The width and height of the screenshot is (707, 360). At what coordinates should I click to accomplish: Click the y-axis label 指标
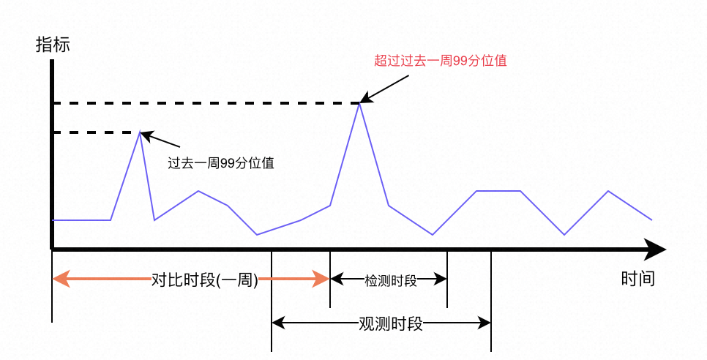pos(53,45)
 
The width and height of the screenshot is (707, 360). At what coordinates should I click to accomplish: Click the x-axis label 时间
pos(637,279)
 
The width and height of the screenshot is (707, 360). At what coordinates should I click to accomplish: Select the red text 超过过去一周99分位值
pos(441,61)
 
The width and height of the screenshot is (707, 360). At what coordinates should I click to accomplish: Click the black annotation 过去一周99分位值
pos(221,163)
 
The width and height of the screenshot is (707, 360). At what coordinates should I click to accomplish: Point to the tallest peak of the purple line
pos(359,104)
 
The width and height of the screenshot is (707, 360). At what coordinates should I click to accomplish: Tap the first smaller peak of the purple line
pos(140,132)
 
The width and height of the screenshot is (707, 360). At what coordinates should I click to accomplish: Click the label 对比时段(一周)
pos(205,279)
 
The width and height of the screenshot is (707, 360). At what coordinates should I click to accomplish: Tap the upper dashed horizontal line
pos(205,103)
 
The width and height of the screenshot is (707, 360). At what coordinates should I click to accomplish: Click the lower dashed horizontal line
pos(95,132)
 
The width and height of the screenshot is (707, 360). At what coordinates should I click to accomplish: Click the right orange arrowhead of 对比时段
pos(322,279)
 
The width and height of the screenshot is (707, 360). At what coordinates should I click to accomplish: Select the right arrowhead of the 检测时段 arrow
pos(442,279)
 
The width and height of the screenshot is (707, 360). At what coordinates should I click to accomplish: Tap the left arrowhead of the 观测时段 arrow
pos(277,323)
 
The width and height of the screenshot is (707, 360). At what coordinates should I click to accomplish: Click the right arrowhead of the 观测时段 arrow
pos(485,323)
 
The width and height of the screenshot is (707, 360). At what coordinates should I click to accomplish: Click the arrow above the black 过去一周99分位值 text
pos(161,140)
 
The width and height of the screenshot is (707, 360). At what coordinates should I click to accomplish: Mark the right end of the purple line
pos(651,220)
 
